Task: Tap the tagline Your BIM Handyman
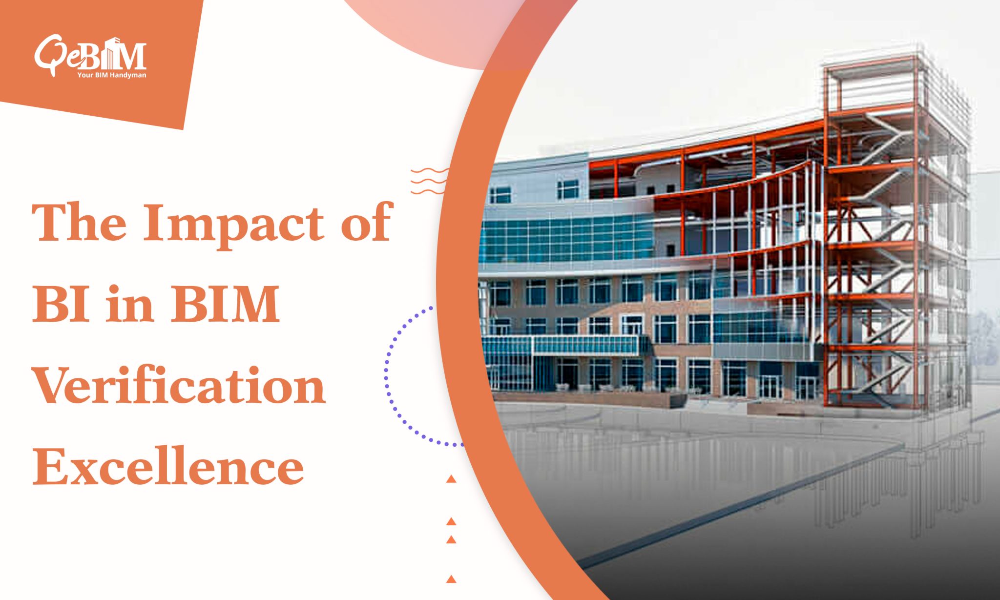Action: coord(111,75)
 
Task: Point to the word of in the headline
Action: coord(367,223)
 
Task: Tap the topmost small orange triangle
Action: coord(451,479)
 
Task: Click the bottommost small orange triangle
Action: coord(451,579)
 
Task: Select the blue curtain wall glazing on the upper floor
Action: coord(566,239)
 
